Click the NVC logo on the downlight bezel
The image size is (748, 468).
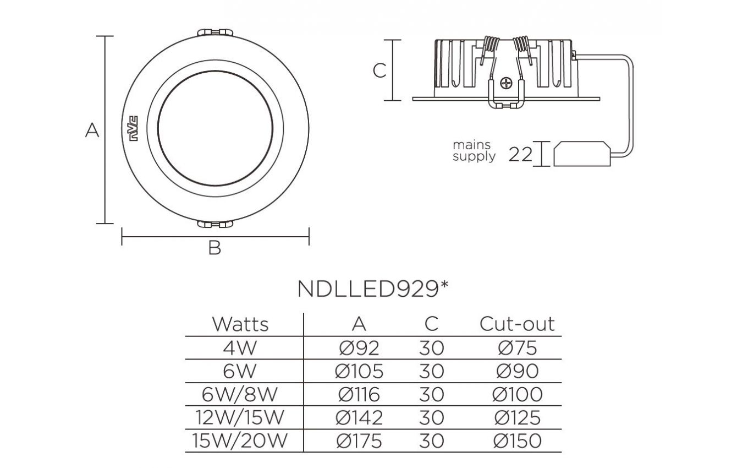coord(134,129)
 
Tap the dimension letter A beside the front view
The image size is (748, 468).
coord(92,130)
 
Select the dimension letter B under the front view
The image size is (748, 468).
coord(215,248)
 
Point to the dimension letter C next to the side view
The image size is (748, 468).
coord(380,70)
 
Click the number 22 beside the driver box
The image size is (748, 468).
coord(520,155)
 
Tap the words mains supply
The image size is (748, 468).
coord(474,151)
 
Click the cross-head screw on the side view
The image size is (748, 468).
coord(506,83)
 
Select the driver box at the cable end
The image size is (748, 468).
coord(582,154)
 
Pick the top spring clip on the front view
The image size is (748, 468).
coord(215,32)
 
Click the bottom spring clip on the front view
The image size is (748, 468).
coord(215,224)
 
